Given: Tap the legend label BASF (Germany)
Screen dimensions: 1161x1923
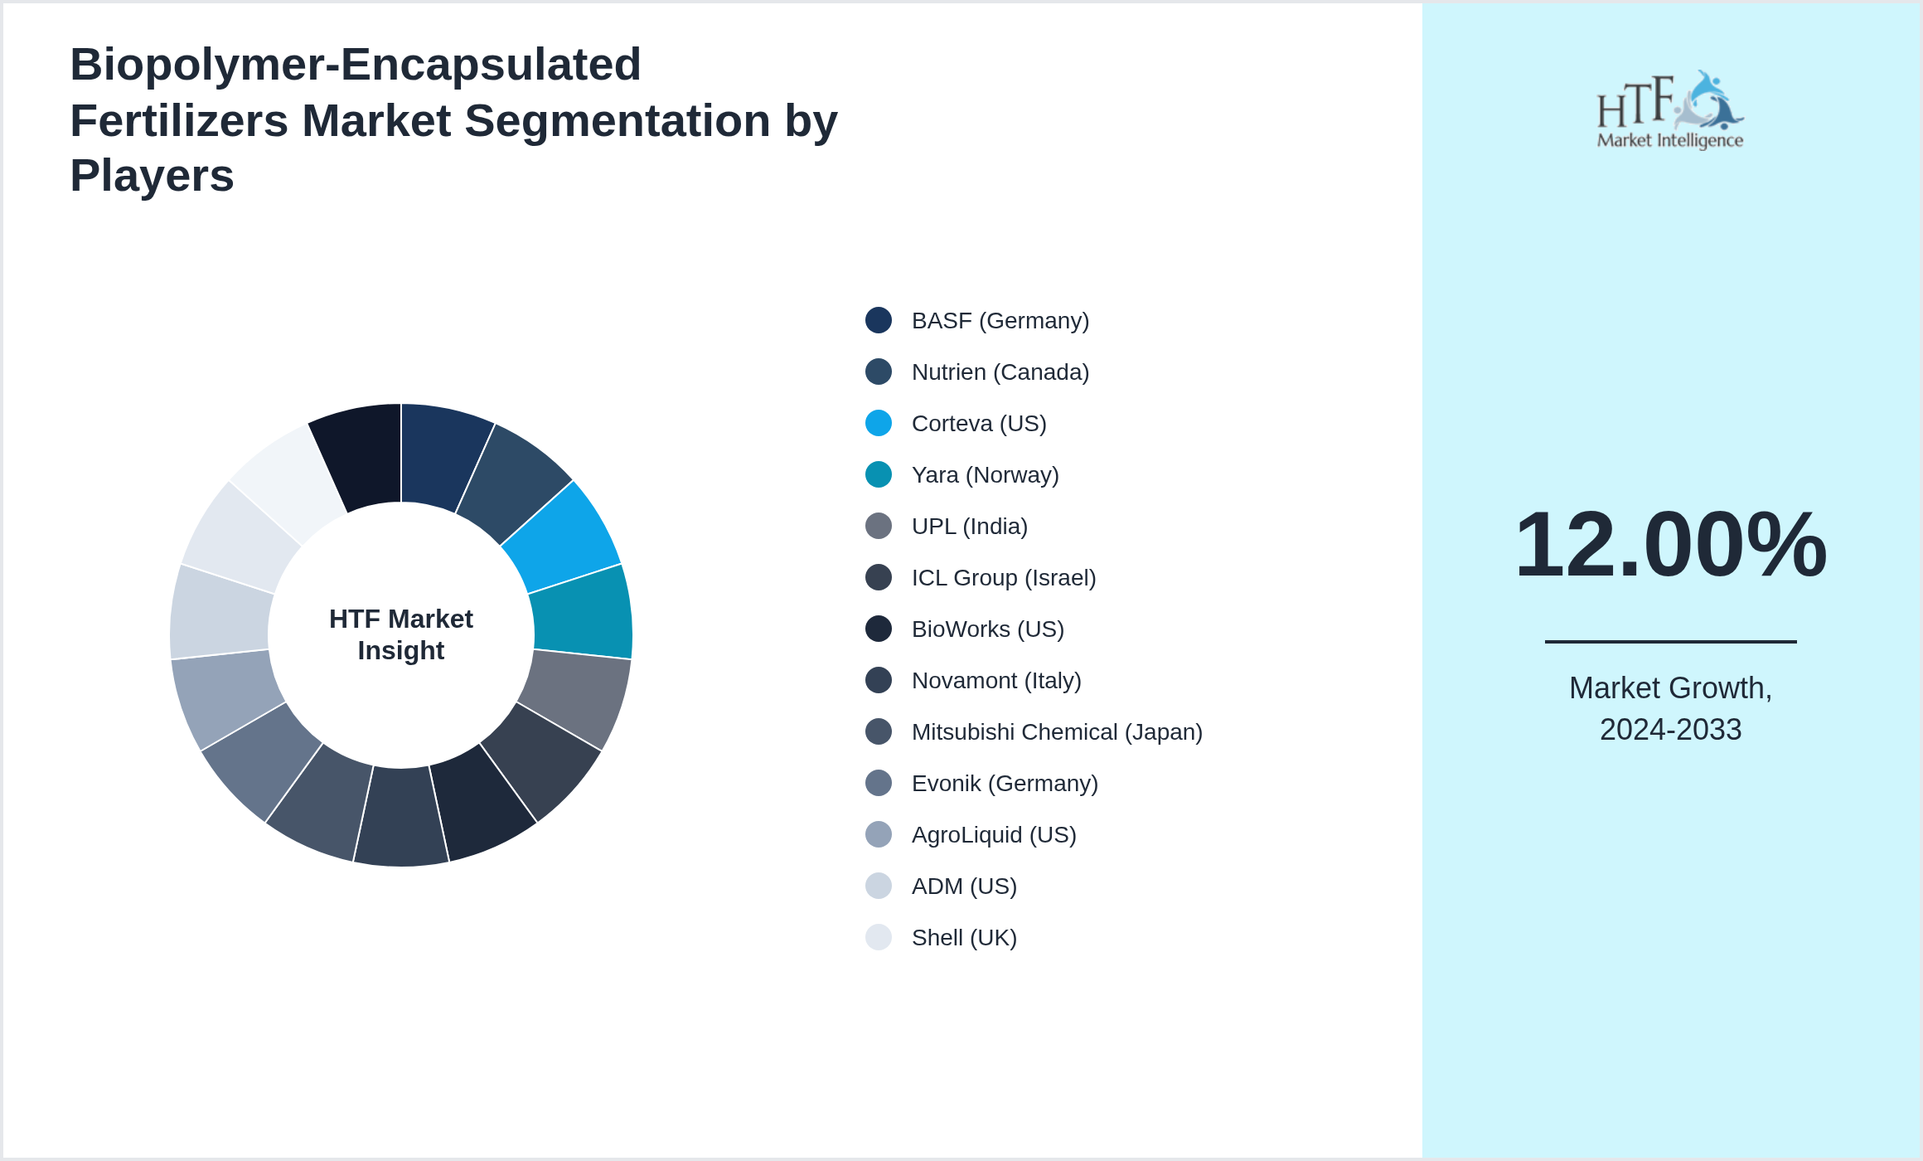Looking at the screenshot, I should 1000,320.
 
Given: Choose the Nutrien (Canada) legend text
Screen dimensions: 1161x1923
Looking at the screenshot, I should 1000,372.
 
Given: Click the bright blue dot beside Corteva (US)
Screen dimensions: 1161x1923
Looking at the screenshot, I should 879,423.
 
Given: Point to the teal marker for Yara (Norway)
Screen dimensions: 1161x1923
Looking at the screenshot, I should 879,474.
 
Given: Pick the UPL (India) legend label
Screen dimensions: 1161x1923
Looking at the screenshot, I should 969,526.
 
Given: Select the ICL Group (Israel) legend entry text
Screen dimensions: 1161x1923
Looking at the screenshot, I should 1003,577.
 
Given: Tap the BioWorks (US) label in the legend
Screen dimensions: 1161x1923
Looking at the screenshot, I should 987,629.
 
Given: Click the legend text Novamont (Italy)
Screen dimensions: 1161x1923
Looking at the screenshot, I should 995,680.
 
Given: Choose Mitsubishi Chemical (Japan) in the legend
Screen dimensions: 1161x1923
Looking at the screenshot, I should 1056,731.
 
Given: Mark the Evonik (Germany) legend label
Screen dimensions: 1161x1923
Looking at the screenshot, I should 1004,783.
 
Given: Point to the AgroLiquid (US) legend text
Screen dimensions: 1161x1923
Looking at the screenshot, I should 993,834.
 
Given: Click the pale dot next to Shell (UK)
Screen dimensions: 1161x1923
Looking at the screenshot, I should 879,937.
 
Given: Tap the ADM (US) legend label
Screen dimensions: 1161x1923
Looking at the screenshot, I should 963,886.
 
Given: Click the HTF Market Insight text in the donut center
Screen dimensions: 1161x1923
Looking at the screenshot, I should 401,634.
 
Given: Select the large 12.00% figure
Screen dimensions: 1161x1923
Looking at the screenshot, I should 1670,544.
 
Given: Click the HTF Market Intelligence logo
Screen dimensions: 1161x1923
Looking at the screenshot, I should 1670,110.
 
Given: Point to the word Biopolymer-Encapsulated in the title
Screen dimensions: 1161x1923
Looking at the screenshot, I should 356,65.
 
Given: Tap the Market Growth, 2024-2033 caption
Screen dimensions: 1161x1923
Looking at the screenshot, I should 1670,708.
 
